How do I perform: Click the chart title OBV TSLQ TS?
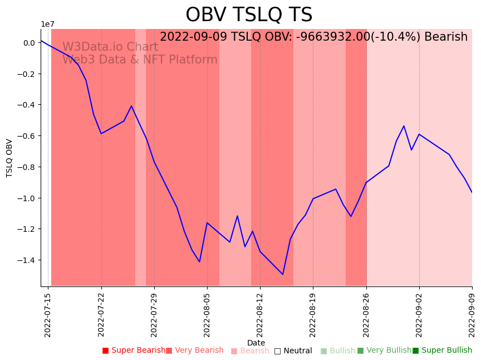click(x=249, y=15)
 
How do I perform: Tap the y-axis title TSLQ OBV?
click(x=9, y=158)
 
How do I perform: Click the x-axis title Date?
click(x=256, y=343)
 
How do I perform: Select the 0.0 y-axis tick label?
click(x=29, y=43)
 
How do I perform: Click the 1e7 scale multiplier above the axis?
click(x=47, y=24)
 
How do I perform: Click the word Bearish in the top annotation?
click(x=446, y=37)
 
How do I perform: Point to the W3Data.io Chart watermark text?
click(x=110, y=47)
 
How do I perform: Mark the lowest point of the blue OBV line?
click(x=283, y=274)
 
